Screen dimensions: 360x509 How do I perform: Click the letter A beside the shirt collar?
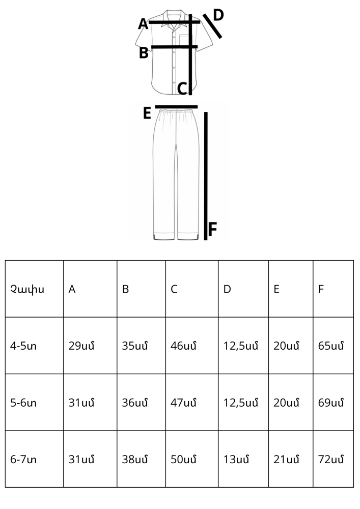click(143, 24)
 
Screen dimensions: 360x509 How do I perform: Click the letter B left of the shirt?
click(144, 52)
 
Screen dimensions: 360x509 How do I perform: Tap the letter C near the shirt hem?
click(182, 88)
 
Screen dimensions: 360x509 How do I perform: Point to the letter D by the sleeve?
click(218, 15)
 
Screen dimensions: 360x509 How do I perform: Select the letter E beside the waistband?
click(147, 114)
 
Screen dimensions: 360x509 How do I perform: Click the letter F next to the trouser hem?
click(212, 229)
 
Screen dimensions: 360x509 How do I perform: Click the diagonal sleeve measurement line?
click(212, 26)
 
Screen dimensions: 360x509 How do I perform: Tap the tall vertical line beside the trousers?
click(206, 176)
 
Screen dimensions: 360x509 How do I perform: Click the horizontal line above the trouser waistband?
click(176, 106)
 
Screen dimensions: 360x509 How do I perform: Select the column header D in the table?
click(227, 289)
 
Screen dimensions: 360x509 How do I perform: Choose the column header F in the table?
click(321, 289)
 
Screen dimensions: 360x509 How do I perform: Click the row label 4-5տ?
click(23, 346)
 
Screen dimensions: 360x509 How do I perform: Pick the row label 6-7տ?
click(23, 459)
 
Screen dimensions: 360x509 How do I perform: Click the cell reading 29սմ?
click(81, 346)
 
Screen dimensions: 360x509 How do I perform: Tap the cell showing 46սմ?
click(183, 346)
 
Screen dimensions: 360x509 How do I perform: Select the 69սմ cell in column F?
click(331, 403)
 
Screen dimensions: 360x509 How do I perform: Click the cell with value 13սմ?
click(236, 459)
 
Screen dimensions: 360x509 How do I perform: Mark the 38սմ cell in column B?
click(135, 459)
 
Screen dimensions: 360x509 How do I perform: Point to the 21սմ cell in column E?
click(286, 459)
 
